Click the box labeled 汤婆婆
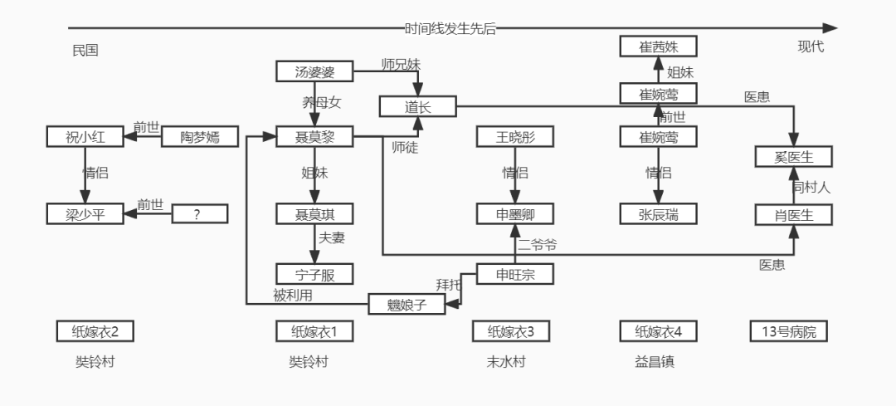click(x=314, y=71)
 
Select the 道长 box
click(x=418, y=106)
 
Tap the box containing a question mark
click(x=198, y=214)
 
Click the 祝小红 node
click(x=84, y=136)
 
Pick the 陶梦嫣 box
click(x=198, y=136)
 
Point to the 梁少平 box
click(x=84, y=214)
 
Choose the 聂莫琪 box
click(x=314, y=214)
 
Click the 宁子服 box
click(x=314, y=273)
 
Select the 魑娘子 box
click(x=407, y=304)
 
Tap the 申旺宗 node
click(x=515, y=273)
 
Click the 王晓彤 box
click(x=515, y=136)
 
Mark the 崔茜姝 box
click(x=658, y=46)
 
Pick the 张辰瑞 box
click(x=658, y=214)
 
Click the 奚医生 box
click(x=793, y=156)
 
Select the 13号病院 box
click(x=788, y=331)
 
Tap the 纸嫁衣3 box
click(x=510, y=331)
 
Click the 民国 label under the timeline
click(x=85, y=50)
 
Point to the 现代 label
click(x=811, y=46)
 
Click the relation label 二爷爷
click(x=538, y=244)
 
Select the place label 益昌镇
click(x=655, y=362)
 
